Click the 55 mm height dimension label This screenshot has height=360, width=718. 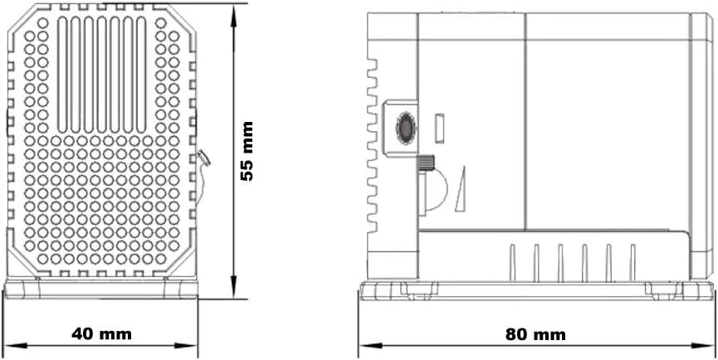click(247, 152)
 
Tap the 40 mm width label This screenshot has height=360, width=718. click(101, 334)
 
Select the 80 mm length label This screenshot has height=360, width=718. click(535, 335)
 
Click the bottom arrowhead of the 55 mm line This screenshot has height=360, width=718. click(233, 287)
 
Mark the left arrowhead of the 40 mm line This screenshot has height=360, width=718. click(15, 346)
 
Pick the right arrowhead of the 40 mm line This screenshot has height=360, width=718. click(186, 346)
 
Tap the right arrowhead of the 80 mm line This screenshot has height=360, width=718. click(703, 346)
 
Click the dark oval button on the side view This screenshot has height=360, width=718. click(406, 129)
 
